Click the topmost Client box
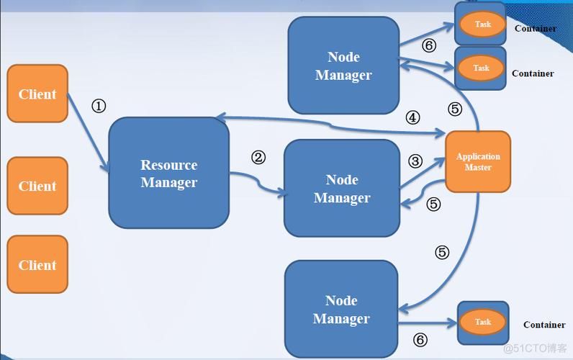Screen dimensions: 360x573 click(37, 94)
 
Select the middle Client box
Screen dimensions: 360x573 click(37, 186)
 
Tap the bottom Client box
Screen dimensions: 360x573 click(37, 264)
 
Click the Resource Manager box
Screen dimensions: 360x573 click(168, 174)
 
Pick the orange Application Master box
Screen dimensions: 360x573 click(478, 162)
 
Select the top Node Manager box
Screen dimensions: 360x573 click(343, 66)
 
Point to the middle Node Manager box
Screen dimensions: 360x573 click(342, 188)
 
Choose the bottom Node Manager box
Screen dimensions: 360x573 click(341, 309)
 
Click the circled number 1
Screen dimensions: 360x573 click(99, 106)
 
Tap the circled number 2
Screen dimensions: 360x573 click(258, 158)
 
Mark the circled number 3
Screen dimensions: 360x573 click(415, 161)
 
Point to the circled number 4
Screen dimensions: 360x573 click(412, 117)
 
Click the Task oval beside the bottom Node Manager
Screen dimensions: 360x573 click(482, 322)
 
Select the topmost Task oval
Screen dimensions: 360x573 click(482, 24)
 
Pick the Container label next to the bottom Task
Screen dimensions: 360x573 click(544, 325)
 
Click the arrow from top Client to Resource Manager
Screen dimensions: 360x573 click(89, 133)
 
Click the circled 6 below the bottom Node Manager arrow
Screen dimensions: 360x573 click(420, 341)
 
